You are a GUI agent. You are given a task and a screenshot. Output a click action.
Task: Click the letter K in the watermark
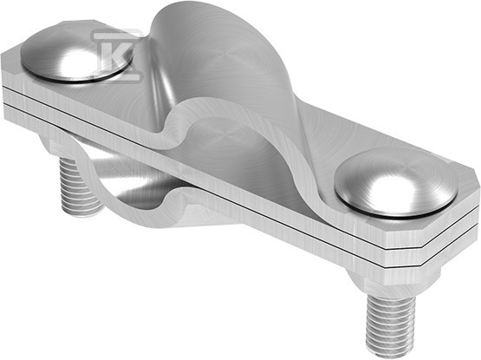tap(118, 56)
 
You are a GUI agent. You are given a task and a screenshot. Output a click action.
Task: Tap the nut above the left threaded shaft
tap(62, 147)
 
